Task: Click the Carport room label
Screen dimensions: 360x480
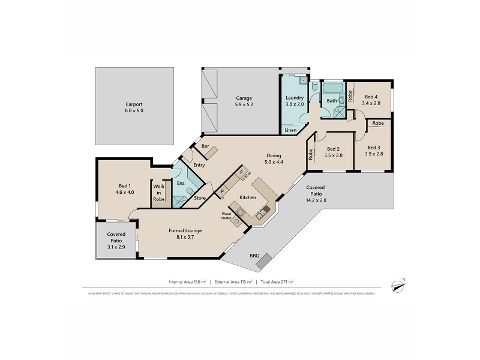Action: (x=134, y=106)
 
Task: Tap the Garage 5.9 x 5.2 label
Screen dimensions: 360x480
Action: (x=243, y=101)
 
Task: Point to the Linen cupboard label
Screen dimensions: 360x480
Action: (x=290, y=130)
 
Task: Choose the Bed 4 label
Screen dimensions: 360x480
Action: (x=371, y=100)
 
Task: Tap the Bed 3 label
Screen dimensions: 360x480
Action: (x=373, y=151)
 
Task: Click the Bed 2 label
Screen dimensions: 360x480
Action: (x=334, y=152)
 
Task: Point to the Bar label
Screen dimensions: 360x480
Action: (x=205, y=146)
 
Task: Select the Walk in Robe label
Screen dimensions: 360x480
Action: (x=158, y=192)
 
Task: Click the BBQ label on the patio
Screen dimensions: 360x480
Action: (x=254, y=255)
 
